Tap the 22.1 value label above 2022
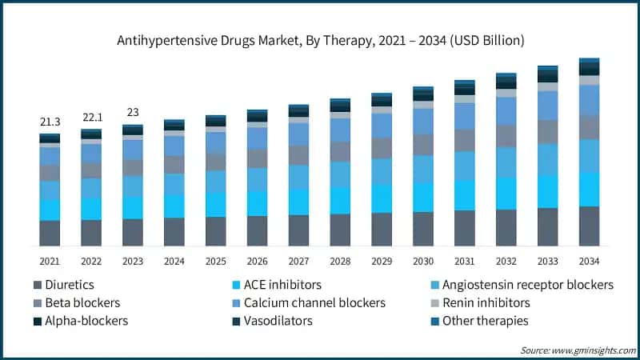click(x=91, y=118)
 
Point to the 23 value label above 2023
click(x=133, y=113)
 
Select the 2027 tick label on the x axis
click(x=298, y=261)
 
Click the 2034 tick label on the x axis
click(x=590, y=261)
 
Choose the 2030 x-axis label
click(x=423, y=261)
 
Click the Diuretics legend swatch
click(x=38, y=285)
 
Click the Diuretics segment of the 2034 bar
click(x=590, y=226)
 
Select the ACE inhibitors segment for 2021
click(x=50, y=210)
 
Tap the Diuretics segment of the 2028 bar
click(x=340, y=230)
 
